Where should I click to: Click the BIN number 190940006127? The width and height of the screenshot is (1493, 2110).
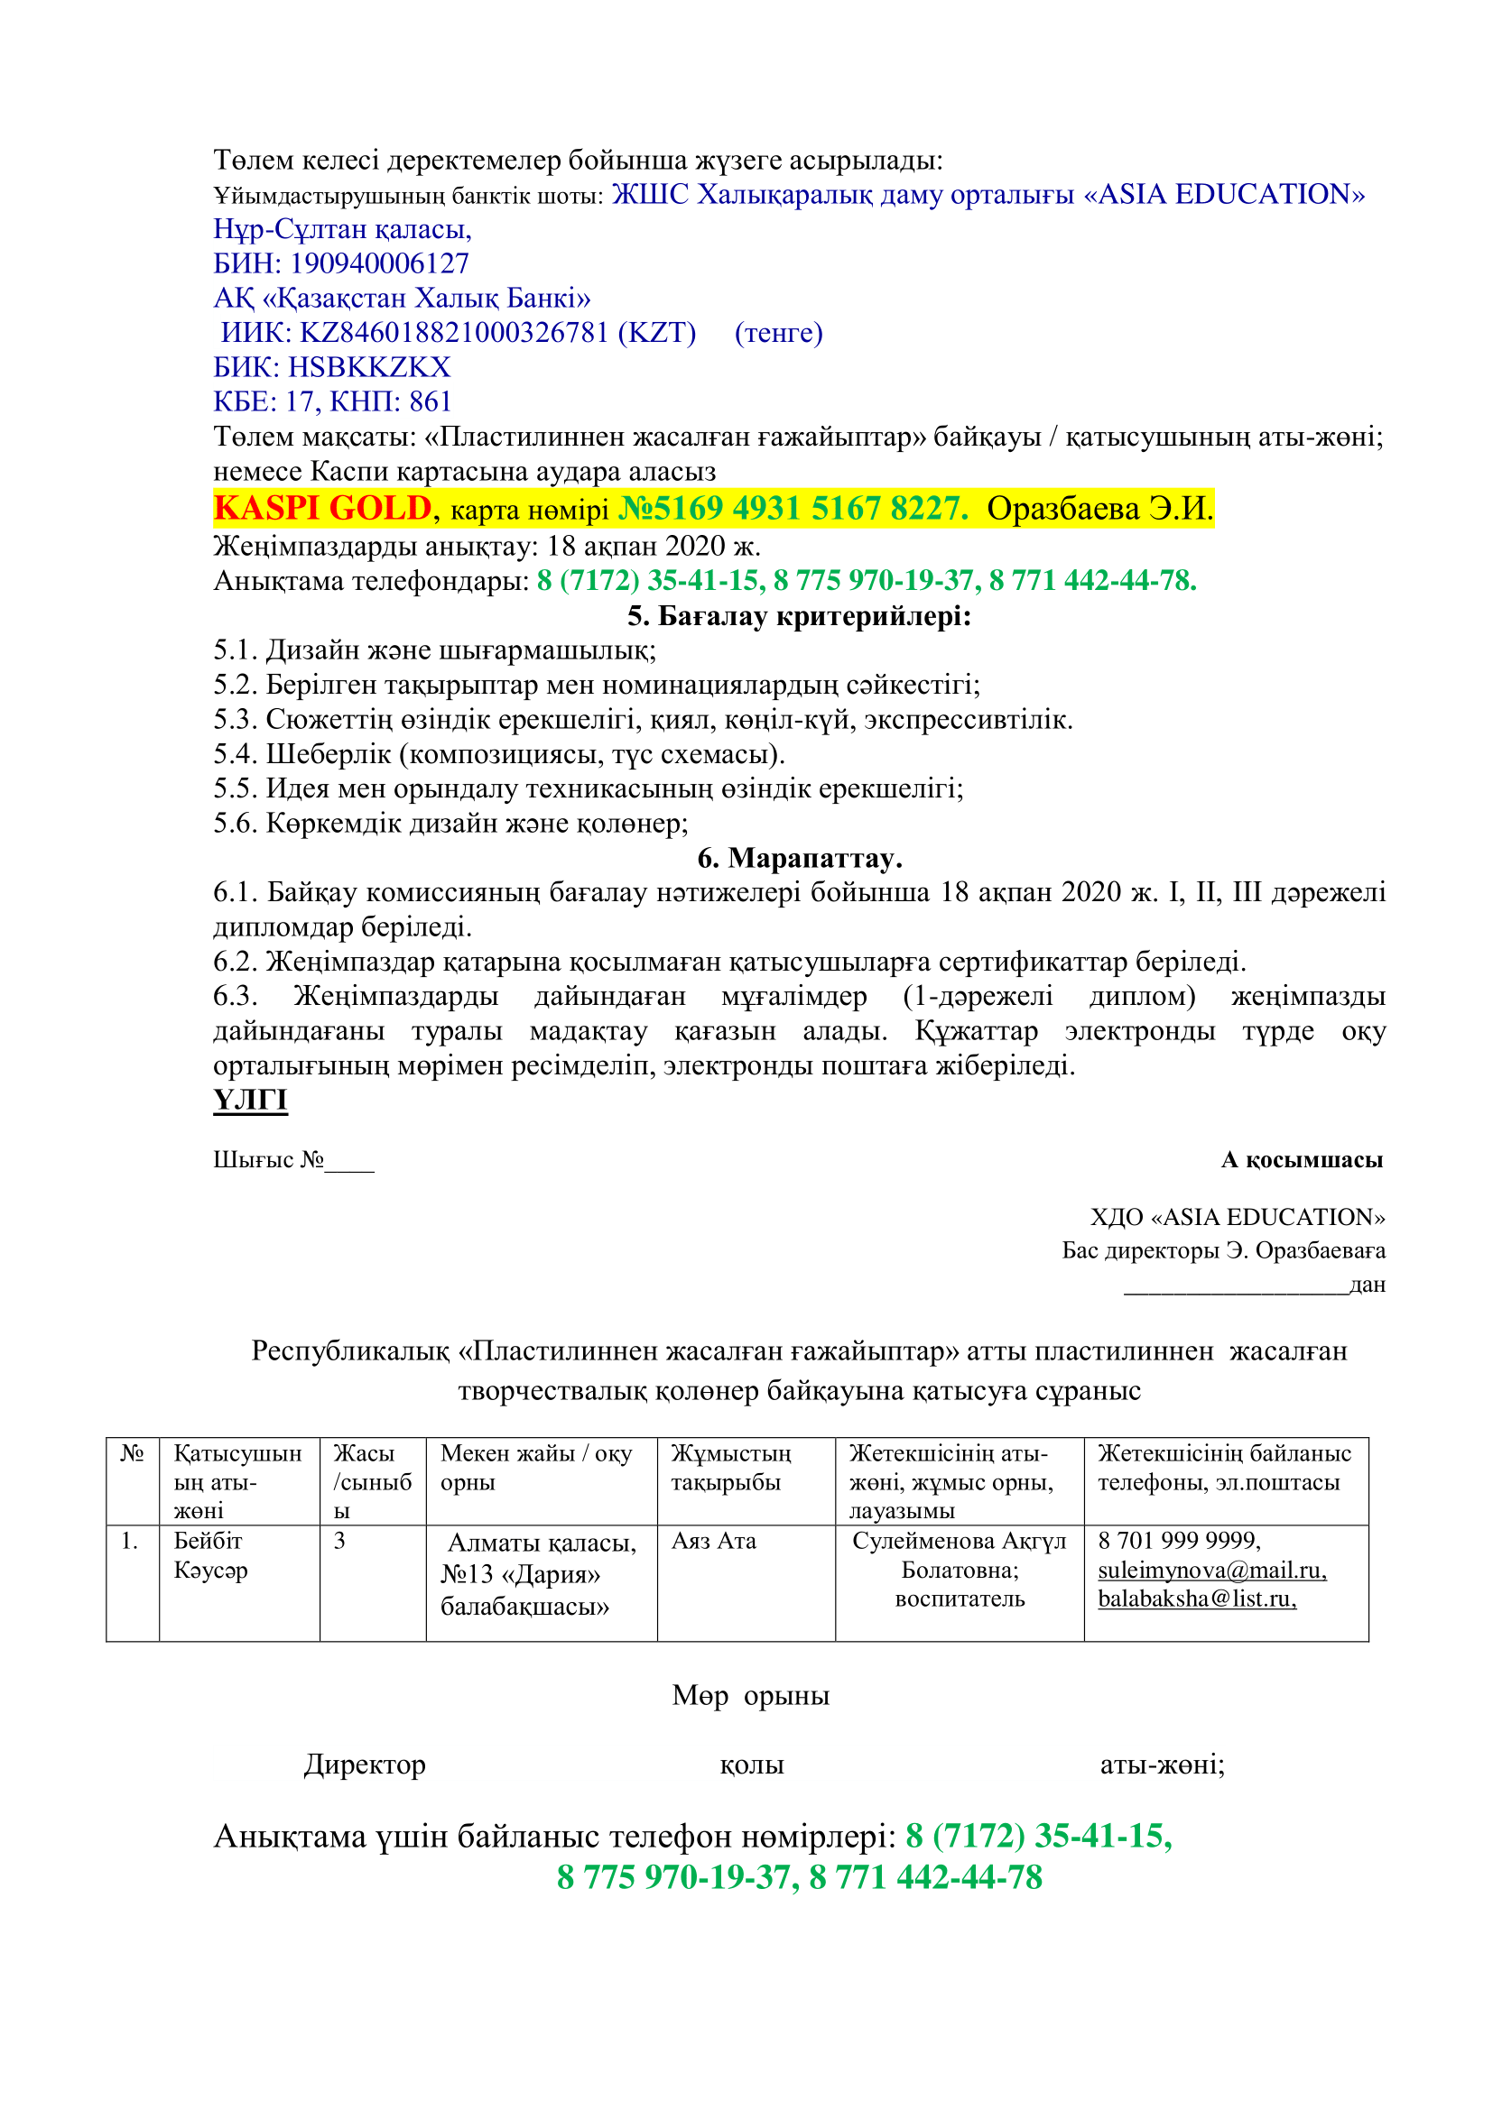(x=379, y=263)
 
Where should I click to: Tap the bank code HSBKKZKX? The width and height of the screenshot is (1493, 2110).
(x=368, y=367)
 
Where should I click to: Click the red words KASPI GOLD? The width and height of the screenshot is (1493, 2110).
(x=321, y=508)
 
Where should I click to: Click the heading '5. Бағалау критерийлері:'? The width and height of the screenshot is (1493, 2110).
(x=799, y=616)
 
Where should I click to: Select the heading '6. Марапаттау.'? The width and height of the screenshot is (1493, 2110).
(x=799, y=857)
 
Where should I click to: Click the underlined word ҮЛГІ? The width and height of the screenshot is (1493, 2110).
(x=250, y=1100)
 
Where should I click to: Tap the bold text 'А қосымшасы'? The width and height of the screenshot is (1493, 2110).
(x=1301, y=1160)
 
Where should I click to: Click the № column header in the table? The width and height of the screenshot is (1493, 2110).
(x=133, y=1453)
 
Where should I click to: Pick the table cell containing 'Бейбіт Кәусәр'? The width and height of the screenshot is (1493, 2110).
(x=210, y=1556)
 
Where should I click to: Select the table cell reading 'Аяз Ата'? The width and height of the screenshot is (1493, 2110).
(x=713, y=1541)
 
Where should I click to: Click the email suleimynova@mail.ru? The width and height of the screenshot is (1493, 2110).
(x=1211, y=1571)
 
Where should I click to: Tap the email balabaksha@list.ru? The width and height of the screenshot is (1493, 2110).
(x=1196, y=1599)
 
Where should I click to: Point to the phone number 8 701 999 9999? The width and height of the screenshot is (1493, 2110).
(x=1179, y=1541)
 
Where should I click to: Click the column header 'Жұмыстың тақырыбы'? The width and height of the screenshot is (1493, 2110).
(x=731, y=1468)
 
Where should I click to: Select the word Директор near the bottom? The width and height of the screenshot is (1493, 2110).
(x=365, y=1764)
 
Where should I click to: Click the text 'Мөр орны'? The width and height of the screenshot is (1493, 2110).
(x=750, y=1695)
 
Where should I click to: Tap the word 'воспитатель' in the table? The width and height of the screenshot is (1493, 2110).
(x=959, y=1599)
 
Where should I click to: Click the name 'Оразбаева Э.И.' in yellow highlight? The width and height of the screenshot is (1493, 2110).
(x=1099, y=508)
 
